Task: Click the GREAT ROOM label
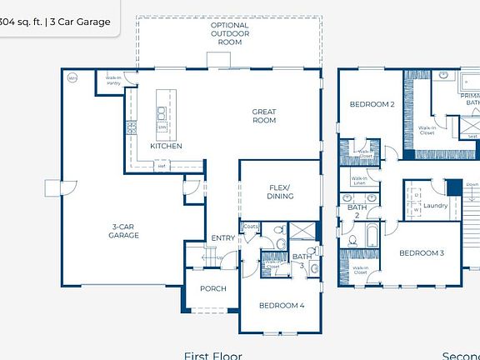pyautogui.click(x=264, y=116)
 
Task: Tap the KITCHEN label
pyautogui.click(x=166, y=146)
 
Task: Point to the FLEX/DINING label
pyautogui.click(x=278, y=191)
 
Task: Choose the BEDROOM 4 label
pyautogui.click(x=281, y=305)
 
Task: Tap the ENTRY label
pyautogui.click(x=222, y=237)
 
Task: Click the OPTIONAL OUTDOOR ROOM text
pyautogui.click(x=229, y=33)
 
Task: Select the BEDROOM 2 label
pyautogui.click(x=371, y=104)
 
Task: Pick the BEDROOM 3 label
pyautogui.click(x=420, y=252)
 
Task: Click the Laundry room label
pyautogui.click(x=435, y=205)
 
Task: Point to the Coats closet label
pyautogui.click(x=251, y=226)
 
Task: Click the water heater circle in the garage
pyautogui.click(x=72, y=78)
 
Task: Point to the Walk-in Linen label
pyautogui.click(x=359, y=180)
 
